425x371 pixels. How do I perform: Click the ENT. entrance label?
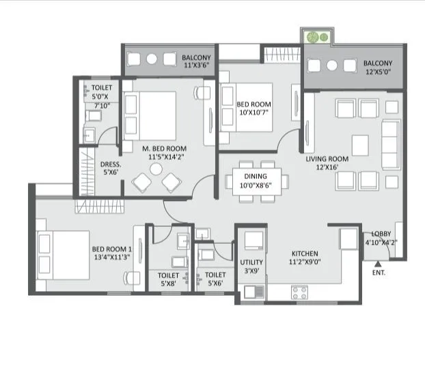click(379, 272)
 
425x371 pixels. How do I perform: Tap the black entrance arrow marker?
click(376, 262)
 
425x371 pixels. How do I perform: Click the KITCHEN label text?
click(303, 253)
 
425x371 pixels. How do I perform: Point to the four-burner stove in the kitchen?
click(299, 292)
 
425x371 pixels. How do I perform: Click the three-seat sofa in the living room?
click(391, 144)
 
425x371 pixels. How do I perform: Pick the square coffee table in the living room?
click(361, 144)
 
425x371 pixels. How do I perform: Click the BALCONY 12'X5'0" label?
click(378, 66)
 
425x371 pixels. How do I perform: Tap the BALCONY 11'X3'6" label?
click(195, 61)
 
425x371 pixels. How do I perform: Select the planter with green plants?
click(318, 36)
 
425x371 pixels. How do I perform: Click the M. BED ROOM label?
click(164, 152)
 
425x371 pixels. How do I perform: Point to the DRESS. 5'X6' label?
click(110, 168)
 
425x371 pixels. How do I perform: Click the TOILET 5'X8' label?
click(168, 279)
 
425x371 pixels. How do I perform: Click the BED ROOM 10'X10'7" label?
click(253, 109)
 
